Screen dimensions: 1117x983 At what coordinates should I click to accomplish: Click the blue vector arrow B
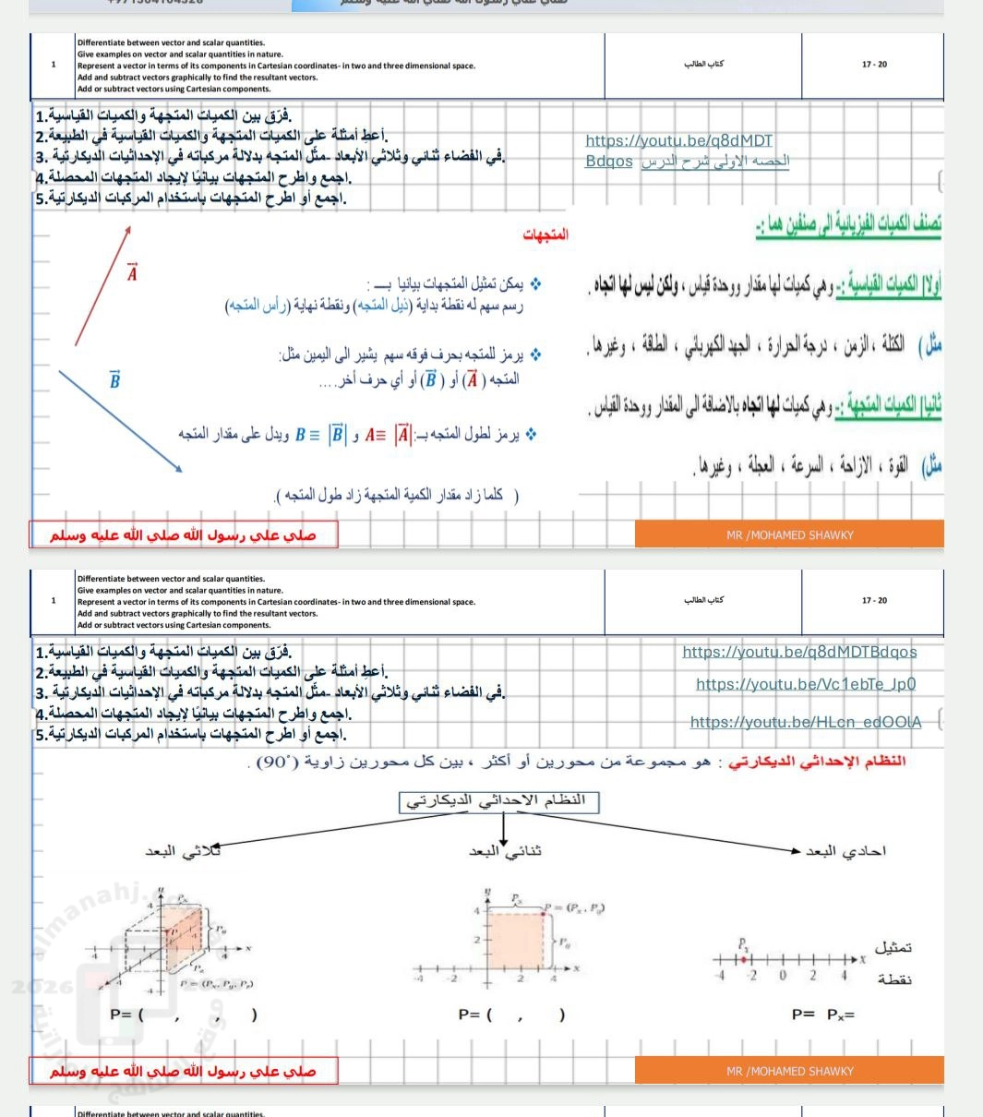point(121,421)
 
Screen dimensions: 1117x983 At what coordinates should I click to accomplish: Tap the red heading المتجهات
point(545,235)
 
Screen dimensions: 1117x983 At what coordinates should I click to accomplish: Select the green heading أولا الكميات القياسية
point(888,289)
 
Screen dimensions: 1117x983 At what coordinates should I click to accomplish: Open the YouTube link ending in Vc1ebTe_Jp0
point(806,684)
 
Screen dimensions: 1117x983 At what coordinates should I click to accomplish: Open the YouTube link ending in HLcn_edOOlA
point(806,722)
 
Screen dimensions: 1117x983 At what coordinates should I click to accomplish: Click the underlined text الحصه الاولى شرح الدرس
point(715,162)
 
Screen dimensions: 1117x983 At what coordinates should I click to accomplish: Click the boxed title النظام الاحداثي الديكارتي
point(498,800)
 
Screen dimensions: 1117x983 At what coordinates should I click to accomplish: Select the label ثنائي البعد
point(505,851)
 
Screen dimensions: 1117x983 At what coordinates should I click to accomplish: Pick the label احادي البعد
point(845,851)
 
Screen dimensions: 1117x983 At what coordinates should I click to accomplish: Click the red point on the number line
point(744,960)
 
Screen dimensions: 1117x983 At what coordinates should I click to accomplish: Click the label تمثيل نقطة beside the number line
point(893,963)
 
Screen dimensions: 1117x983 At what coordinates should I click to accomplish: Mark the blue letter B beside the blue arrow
point(114,380)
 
